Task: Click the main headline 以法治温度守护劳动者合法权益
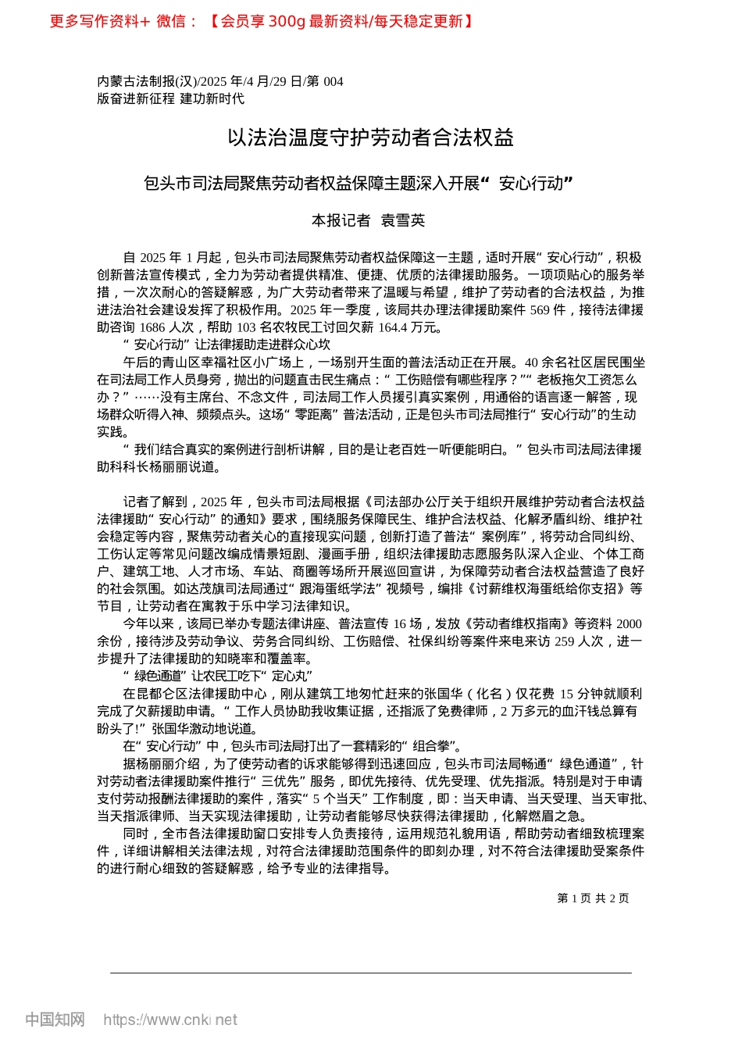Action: [370, 138]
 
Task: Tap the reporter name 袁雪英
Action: [402, 221]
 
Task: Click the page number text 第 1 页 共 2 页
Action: [593, 898]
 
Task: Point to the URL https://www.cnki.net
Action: [170, 1020]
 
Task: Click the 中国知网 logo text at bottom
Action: [55, 1020]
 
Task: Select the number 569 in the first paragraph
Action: [540, 309]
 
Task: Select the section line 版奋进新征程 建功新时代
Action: [170, 98]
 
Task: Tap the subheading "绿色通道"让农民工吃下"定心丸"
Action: [218, 676]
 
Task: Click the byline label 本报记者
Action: [341, 221]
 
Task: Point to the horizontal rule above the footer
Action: [370, 973]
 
